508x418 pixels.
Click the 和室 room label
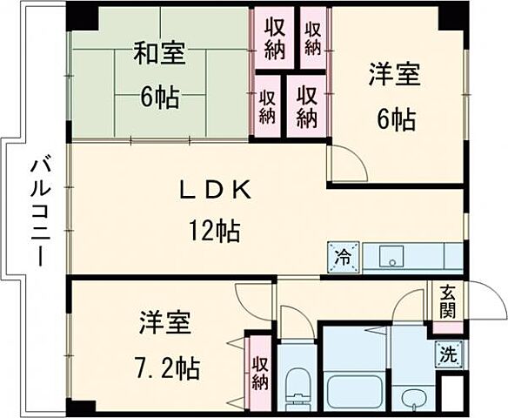pos(159,54)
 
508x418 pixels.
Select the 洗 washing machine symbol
pos(447,354)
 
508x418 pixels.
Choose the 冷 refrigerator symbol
pos(342,258)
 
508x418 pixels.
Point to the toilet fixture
pos(297,384)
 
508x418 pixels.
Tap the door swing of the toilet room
pos(296,324)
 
